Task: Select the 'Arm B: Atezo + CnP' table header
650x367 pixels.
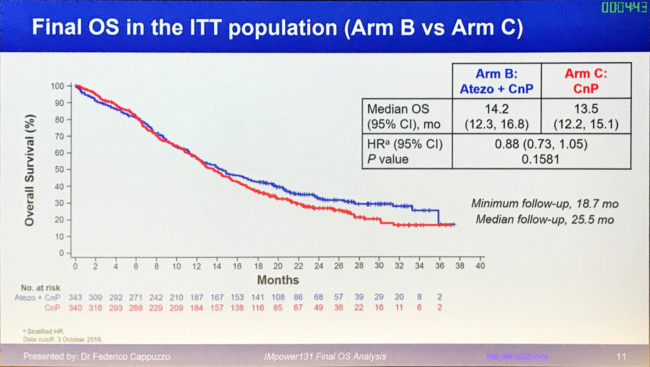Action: [496, 81]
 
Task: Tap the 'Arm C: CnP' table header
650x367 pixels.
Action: [586, 81]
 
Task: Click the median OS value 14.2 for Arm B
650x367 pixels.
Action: [496, 109]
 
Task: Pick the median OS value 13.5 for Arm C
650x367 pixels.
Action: [586, 109]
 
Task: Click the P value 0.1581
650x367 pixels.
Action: [541, 159]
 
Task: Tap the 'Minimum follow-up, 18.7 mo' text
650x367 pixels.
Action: [545, 204]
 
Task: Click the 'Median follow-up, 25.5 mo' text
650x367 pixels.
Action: [545, 220]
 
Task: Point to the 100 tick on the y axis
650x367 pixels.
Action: [57, 86]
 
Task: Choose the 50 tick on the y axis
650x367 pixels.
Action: [59, 169]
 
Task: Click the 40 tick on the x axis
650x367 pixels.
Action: [480, 266]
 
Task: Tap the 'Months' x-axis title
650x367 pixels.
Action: [278, 280]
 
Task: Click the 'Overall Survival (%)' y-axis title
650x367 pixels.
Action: [30, 170]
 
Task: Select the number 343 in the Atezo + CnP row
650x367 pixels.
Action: [75, 298]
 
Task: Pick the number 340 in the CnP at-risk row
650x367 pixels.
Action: [75, 308]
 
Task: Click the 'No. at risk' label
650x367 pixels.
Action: [41, 288]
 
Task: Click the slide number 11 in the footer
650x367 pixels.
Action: [621, 356]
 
